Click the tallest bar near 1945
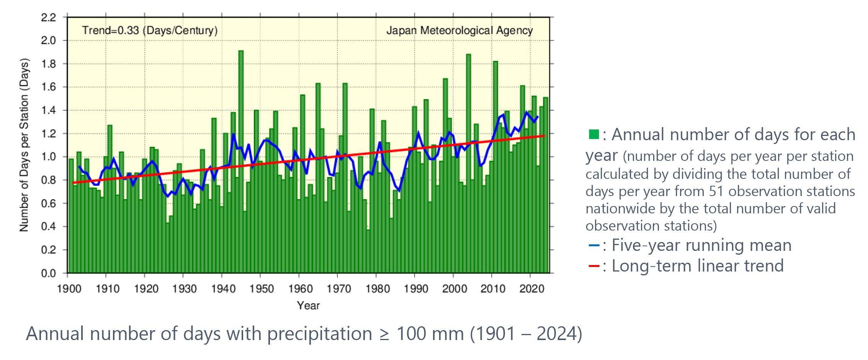pyautogui.click(x=241, y=161)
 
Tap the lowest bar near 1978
pyautogui.click(x=368, y=251)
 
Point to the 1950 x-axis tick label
pyautogui.click(x=261, y=288)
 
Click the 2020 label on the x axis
pyautogui.click(x=531, y=288)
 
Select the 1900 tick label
pyautogui.click(x=69, y=288)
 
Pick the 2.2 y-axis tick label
pyautogui.click(x=48, y=17)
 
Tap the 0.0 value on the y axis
pyautogui.click(x=48, y=273)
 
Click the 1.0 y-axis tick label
pyautogui.click(x=48, y=157)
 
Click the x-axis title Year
pyautogui.click(x=308, y=306)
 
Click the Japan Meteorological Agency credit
pyautogui.click(x=459, y=30)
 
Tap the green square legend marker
pyautogui.click(x=593, y=134)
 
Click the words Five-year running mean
pyautogui.click(x=701, y=245)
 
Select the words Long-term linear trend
pyautogui.click(x=697, y=266)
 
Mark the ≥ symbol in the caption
pyautogui.click(x=384, y=334)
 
